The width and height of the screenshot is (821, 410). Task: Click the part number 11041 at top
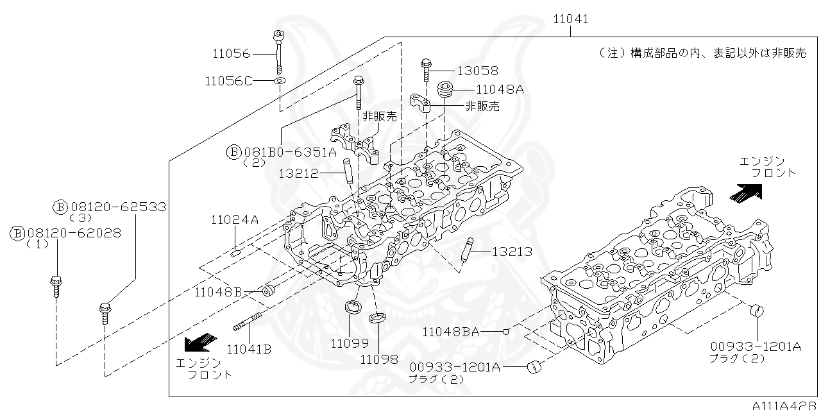(x=570, y=19)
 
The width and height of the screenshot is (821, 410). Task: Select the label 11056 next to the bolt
(x=232, y=54)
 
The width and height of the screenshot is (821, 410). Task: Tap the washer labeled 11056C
(x=280, y=81)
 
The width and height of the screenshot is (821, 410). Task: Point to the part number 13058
(x=477, y=71)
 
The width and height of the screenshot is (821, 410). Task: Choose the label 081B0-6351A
(x=289, y=152)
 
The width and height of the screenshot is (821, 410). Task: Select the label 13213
(x=512, y=252)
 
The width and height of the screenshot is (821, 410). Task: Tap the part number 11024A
(x=234, y=220)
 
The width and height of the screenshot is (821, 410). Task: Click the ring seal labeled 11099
(x=352, y=307)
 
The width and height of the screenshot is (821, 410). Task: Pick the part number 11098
(x=378, y=359)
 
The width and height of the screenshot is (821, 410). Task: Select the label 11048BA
(x=450, y=332)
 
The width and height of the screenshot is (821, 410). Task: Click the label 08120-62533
(x=117, y=207)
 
